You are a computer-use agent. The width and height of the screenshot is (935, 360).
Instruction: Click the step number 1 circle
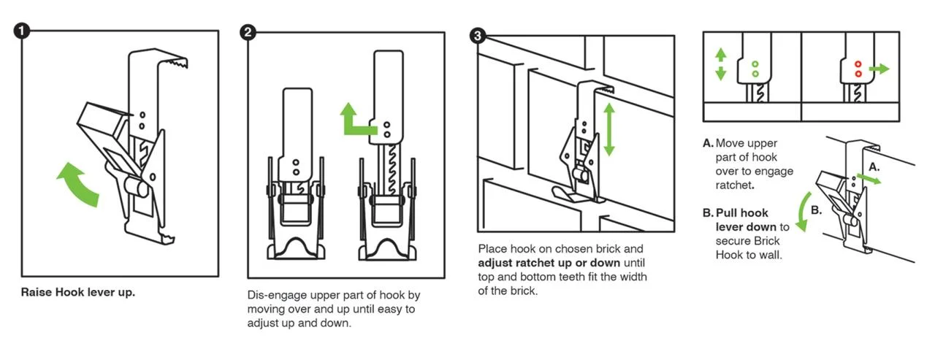(22, 31)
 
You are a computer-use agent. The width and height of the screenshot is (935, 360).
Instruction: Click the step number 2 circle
(248, 32)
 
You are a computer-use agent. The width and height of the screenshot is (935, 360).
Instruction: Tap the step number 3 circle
(478, 36)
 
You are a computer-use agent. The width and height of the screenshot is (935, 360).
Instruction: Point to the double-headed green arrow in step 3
(609, 130)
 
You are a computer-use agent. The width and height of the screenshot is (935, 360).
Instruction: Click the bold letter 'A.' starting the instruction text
(708, 143)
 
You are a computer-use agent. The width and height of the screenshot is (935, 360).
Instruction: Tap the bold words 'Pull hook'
(741, 212)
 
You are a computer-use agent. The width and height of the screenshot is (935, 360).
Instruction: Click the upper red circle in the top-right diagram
(858, 64)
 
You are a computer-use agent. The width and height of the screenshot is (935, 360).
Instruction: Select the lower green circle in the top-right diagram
(755, 74)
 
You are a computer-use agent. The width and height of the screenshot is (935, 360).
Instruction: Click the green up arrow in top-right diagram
(721, 55)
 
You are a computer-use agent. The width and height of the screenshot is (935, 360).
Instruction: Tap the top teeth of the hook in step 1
(177, 63)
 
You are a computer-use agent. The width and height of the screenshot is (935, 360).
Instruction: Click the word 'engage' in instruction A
(775, 172)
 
